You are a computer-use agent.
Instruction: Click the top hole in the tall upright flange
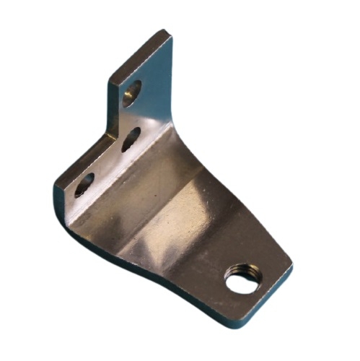(x=132, y=92)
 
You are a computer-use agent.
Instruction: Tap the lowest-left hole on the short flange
(x=84, y=184)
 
